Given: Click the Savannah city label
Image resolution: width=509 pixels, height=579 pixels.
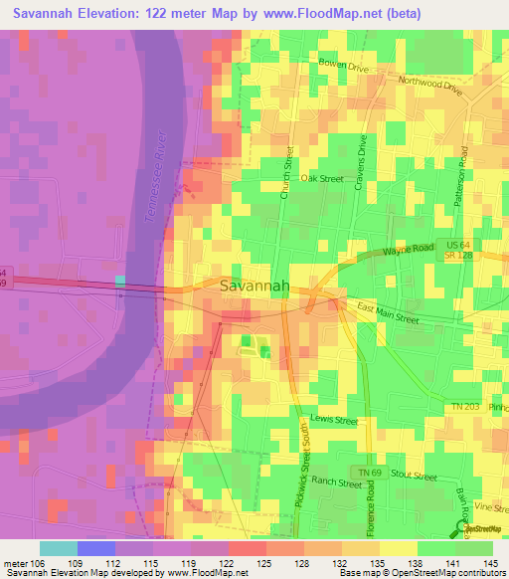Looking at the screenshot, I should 254,286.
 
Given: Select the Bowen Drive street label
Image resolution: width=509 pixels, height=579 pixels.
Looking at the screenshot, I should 344,65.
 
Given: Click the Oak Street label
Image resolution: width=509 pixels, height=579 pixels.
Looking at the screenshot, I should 322,179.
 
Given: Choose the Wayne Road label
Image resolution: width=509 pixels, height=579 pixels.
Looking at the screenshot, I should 404,253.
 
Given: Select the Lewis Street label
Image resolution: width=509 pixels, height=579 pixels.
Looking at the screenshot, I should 333,421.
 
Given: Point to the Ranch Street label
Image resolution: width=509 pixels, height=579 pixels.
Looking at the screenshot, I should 337,483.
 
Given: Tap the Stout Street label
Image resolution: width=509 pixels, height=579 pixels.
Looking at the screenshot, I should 414,477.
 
